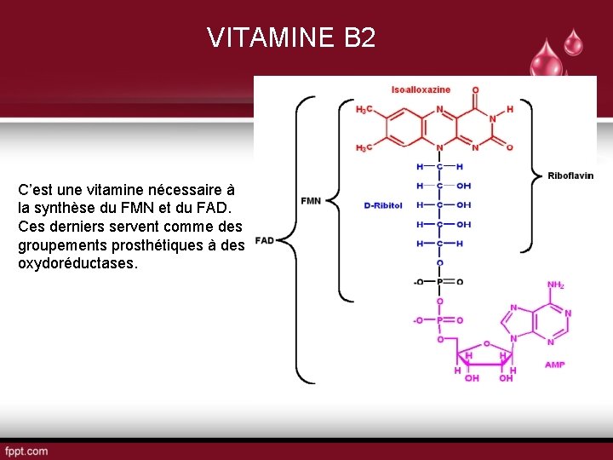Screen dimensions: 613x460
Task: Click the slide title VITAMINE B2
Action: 290,37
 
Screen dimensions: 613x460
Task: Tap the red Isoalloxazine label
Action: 421,89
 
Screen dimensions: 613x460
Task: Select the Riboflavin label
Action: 570,175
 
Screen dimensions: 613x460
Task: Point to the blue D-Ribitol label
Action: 382,205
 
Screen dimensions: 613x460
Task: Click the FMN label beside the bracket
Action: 311,200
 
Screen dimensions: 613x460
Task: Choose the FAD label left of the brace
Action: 264,240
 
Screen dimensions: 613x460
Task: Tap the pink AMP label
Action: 554,365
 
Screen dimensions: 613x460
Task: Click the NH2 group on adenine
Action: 555,285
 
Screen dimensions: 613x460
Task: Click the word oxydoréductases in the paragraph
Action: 76,263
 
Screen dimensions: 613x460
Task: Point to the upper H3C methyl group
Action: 364,110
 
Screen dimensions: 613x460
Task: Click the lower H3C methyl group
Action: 364,148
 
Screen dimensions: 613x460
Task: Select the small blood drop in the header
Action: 574,41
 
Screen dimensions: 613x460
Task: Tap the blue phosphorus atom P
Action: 439,282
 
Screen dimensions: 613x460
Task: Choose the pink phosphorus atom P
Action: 439,320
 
